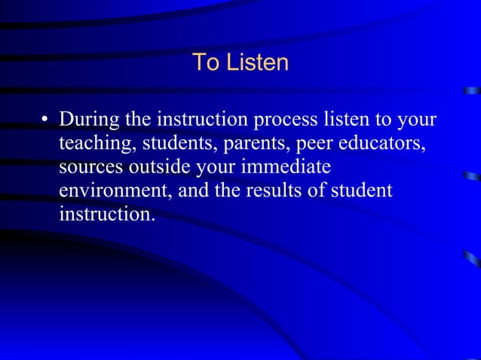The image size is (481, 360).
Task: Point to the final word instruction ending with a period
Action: point(106,214)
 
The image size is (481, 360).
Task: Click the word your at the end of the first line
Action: point(415,121)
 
